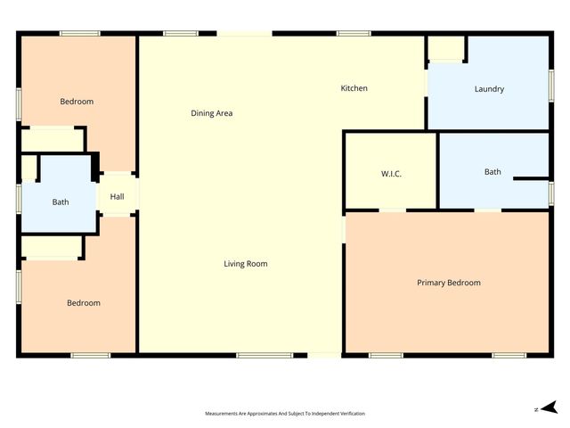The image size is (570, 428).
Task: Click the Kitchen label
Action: pos(354,88)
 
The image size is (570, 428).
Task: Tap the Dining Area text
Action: pos(212,113)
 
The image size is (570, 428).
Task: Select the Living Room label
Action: pos(245,264)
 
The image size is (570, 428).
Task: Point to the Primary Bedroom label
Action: pos(449,283)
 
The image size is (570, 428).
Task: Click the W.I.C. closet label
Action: pos(391,173)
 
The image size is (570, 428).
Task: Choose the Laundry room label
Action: pos(489,89)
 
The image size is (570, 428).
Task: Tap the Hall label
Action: pos(117,197)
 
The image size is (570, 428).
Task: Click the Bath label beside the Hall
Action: pos(60,202)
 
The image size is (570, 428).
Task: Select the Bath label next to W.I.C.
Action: pos(493,171)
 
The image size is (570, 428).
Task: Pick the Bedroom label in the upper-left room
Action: pos(77,102)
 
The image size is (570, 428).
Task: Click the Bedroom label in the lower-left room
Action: pos(84,303)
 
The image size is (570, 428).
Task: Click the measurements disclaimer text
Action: pos(285,414)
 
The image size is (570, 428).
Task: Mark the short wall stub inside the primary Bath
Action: pos(532,178)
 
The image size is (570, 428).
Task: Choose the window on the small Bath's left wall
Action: pos(19,198)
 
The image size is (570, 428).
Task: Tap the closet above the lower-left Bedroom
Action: pos(52,246)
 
